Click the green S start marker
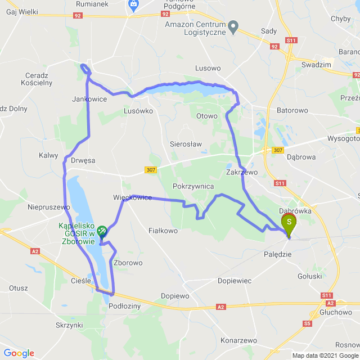coord(289,223)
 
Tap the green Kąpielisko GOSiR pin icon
coord(102,229)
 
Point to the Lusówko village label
coord(138,111)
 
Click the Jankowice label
coord(89,99)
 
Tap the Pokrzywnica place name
coord(193,186)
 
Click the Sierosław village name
coord(186,144)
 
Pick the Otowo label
coord(206,116)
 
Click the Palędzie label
coord(278,255)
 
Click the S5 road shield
coord(307,323)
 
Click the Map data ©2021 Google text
coord(325,355)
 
